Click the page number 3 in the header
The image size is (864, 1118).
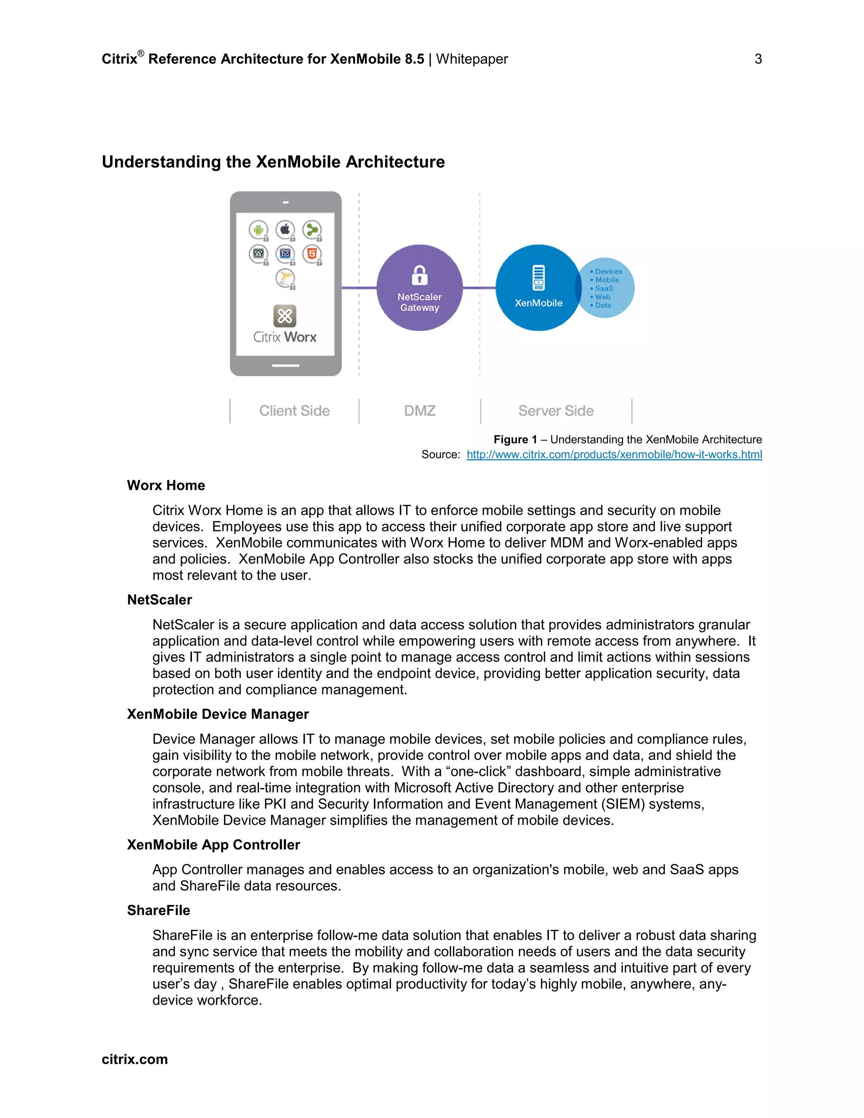758,59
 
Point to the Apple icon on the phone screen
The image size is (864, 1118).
285,230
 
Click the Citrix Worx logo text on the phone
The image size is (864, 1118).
285,337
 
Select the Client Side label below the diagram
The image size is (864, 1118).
294,411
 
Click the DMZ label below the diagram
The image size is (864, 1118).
420,411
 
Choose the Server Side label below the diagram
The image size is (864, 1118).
556,411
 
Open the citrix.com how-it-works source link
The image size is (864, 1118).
614,454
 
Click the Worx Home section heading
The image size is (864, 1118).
166,485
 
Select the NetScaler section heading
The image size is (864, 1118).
159,600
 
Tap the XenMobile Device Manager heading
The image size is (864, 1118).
218,714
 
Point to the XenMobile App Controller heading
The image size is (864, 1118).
213,845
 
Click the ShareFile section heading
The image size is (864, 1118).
158,910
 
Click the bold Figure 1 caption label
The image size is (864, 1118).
515,440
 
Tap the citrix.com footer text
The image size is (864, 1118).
135,1059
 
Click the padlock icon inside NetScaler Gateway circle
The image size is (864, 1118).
419,275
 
